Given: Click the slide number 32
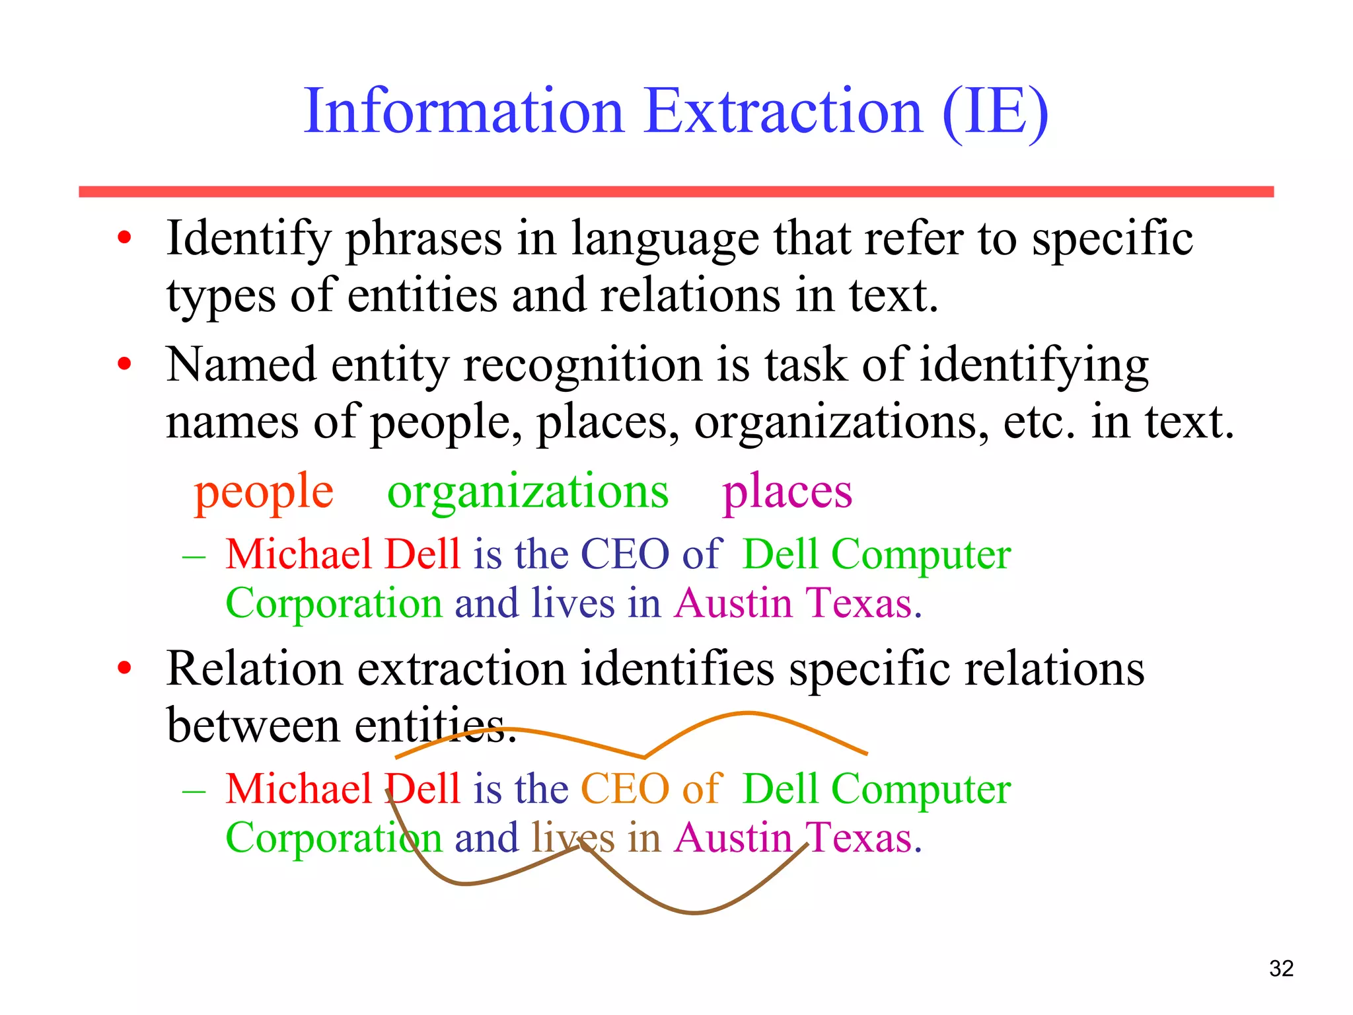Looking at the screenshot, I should pyautogui.click(x=1281, y=968).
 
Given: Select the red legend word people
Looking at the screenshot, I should pyautogui.click(x=264, y=492).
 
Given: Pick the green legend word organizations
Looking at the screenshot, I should pyautogui.click(x=528, y=492).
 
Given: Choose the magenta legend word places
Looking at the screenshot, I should pyautogui.click(x=787, y=492).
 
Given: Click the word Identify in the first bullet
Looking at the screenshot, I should pyautogui.click(x=248, y=239).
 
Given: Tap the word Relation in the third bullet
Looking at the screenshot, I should pyautogui.click(x=254, y=669).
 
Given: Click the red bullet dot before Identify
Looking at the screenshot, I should pyautogui.click(x=124, y=237).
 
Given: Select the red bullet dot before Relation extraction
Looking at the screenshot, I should pyautogui.click(x=124, y=668).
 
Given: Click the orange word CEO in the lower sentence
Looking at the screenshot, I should pyautogui.click(x=624, y=788).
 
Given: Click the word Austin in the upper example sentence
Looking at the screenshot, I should pyautogui.click(x=733, y=603).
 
